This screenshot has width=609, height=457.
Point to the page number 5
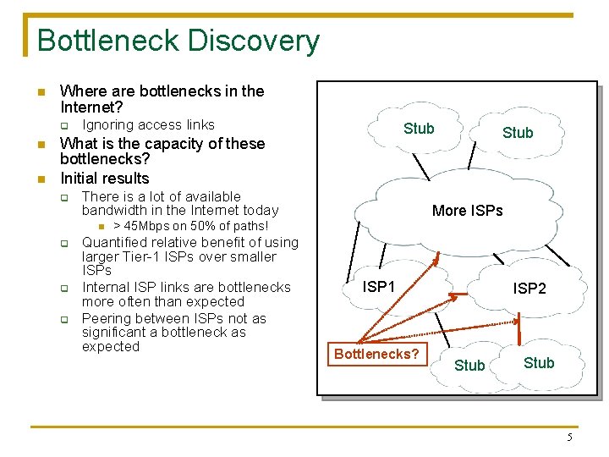point(569,438)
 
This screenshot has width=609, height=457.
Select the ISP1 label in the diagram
point(378,287)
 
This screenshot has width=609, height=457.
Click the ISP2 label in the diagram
point(529,289)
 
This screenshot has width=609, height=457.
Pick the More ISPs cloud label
point(467,211)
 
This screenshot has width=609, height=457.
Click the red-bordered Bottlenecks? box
point(376,354)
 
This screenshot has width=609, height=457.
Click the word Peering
point(107,318)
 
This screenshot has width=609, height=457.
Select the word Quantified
point(116,242)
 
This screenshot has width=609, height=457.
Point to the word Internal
point(106,288)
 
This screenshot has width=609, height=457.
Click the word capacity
point(151,143)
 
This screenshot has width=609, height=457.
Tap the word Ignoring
point(107,125)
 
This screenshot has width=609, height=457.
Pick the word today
point(261,210)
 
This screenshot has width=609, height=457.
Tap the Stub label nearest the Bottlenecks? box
point(469,366)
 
